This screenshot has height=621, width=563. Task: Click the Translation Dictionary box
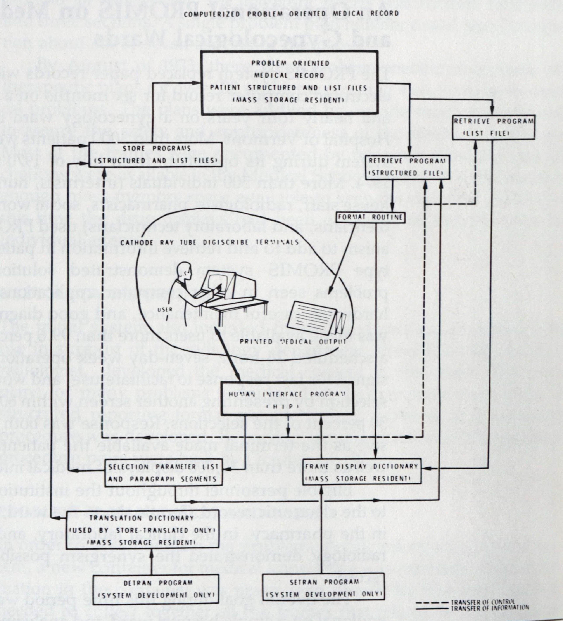click(143, 530)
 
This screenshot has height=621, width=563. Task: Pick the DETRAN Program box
click(156, 589)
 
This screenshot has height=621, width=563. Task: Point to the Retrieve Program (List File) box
click(493, 127)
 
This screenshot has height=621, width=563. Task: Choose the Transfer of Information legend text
click(490, 608)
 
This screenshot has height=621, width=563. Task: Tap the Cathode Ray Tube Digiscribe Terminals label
click(209, 242)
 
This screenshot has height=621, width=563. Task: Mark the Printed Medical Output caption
click(293, 342)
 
